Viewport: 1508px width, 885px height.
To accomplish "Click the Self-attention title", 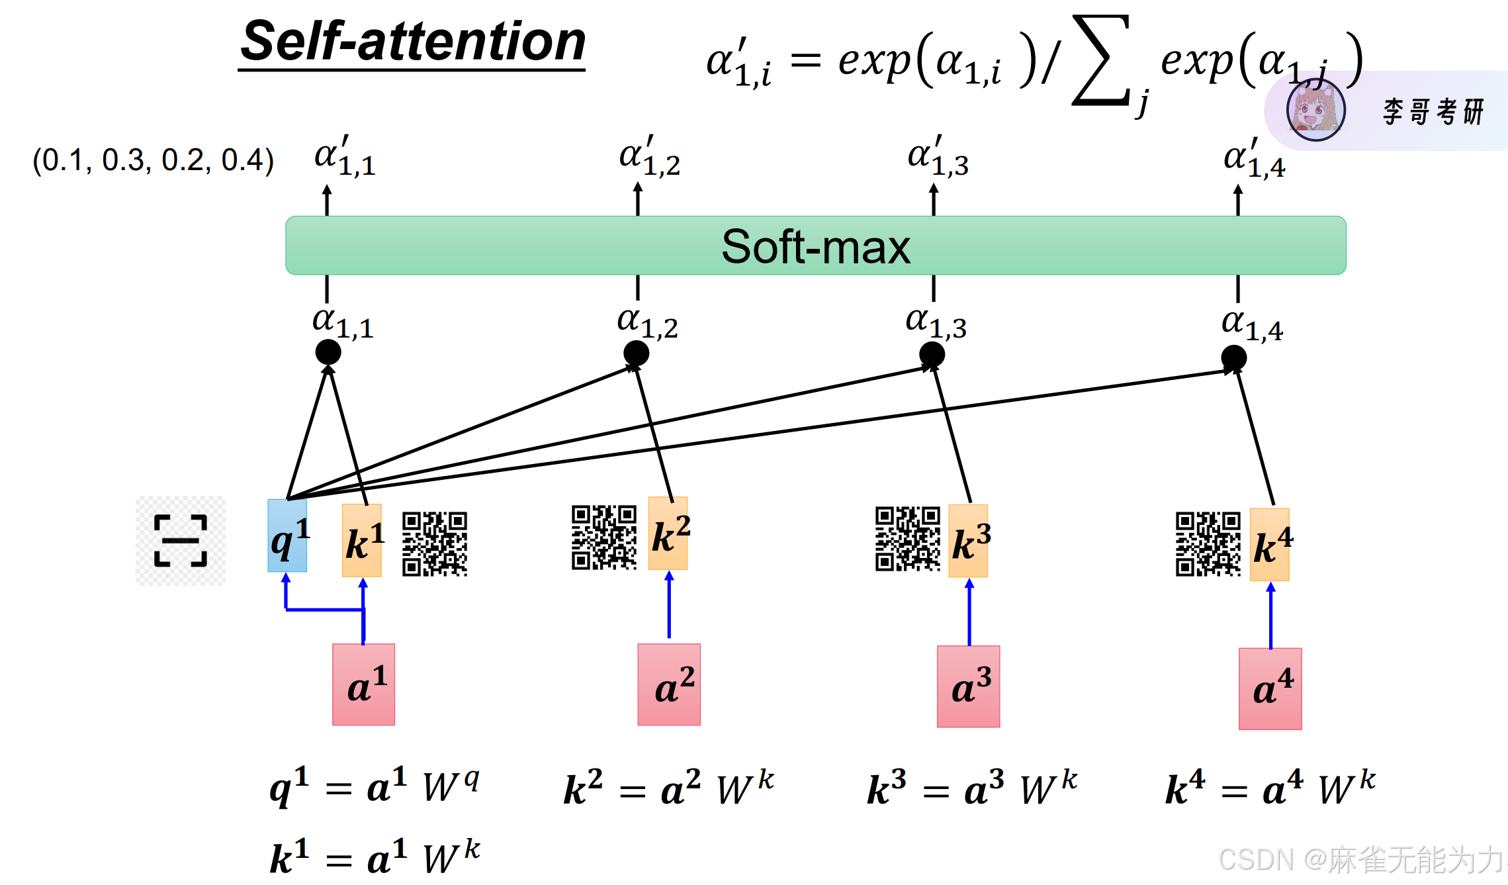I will pyautogui.click(x=413, y=41).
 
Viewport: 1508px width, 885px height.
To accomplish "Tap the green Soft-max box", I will pyautogui.click(x=815, y=246).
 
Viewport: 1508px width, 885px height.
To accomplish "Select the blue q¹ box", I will pyautogui.click(x=287, y=536).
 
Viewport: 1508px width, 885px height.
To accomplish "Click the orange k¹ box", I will pyautogui.click(x=362, y=541).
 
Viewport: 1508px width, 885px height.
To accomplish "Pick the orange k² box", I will pyautogui.click(x=668, y=534).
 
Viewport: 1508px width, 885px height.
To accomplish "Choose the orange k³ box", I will pyautogui.click(x=968, y=541).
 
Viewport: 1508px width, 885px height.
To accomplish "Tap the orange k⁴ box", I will pyautogui.click(x=1270, y=545).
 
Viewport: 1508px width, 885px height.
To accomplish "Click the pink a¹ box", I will pyautogui.click(x=363, y=684).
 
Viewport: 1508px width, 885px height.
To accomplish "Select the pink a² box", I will pyautogui.click(x=669, y=684).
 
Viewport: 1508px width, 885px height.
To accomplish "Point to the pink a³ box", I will pyautogui.click(x=968, y=686).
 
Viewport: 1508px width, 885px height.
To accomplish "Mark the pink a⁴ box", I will pyautogui.click(x=1270, y=688).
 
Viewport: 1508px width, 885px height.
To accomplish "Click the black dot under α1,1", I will pyautogui.click(x=328, y=352).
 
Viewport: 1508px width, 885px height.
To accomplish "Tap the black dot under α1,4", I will pyautogui.click(x=1233, y=358).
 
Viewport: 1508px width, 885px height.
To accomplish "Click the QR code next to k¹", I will pyautogui.click(x=435, y=544).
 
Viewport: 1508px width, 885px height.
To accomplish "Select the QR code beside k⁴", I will pyautogui.click(x=1208, y=544).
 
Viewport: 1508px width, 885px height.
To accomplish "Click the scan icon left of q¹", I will pyautogui.click(x=181, y=541).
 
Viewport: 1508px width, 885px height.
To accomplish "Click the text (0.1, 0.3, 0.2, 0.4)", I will pyautogui.click(x=153, y=160).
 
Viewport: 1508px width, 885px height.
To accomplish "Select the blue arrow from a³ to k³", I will pyautogui.click(x=969, y=612).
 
